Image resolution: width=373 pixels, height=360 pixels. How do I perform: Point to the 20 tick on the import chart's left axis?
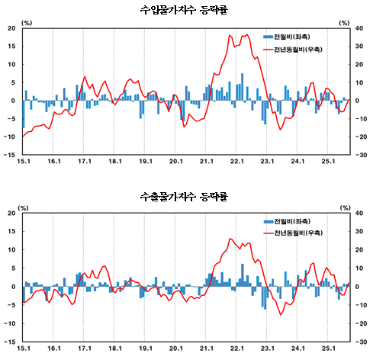point(12,28)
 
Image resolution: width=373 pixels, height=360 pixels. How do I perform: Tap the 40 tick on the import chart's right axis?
point(362,28)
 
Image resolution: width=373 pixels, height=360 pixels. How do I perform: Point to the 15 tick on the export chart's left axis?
point(12,232)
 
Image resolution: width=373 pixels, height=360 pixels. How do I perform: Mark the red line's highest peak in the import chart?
point(246,34)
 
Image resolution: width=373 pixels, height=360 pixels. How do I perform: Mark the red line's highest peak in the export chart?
point(230,239)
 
